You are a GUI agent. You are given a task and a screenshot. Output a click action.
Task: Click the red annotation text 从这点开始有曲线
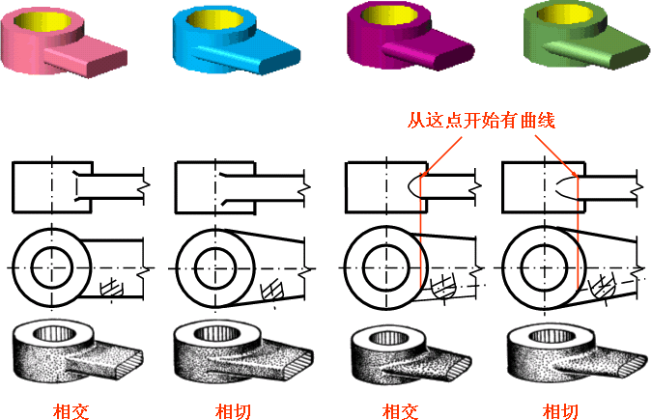(481, 121)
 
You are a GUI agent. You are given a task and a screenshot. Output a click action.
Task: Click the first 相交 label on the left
(71, 411)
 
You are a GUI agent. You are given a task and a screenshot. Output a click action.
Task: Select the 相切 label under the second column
(233, 411)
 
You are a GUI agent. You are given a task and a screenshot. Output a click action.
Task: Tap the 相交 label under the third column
(400, 411)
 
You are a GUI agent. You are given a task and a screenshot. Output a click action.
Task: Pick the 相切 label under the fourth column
(560, 411)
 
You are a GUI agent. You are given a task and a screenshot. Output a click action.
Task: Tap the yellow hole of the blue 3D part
(213, 18)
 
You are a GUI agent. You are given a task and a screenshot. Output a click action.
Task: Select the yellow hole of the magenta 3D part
(389, 15)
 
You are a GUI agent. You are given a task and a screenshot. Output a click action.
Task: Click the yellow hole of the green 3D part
(565, 14)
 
